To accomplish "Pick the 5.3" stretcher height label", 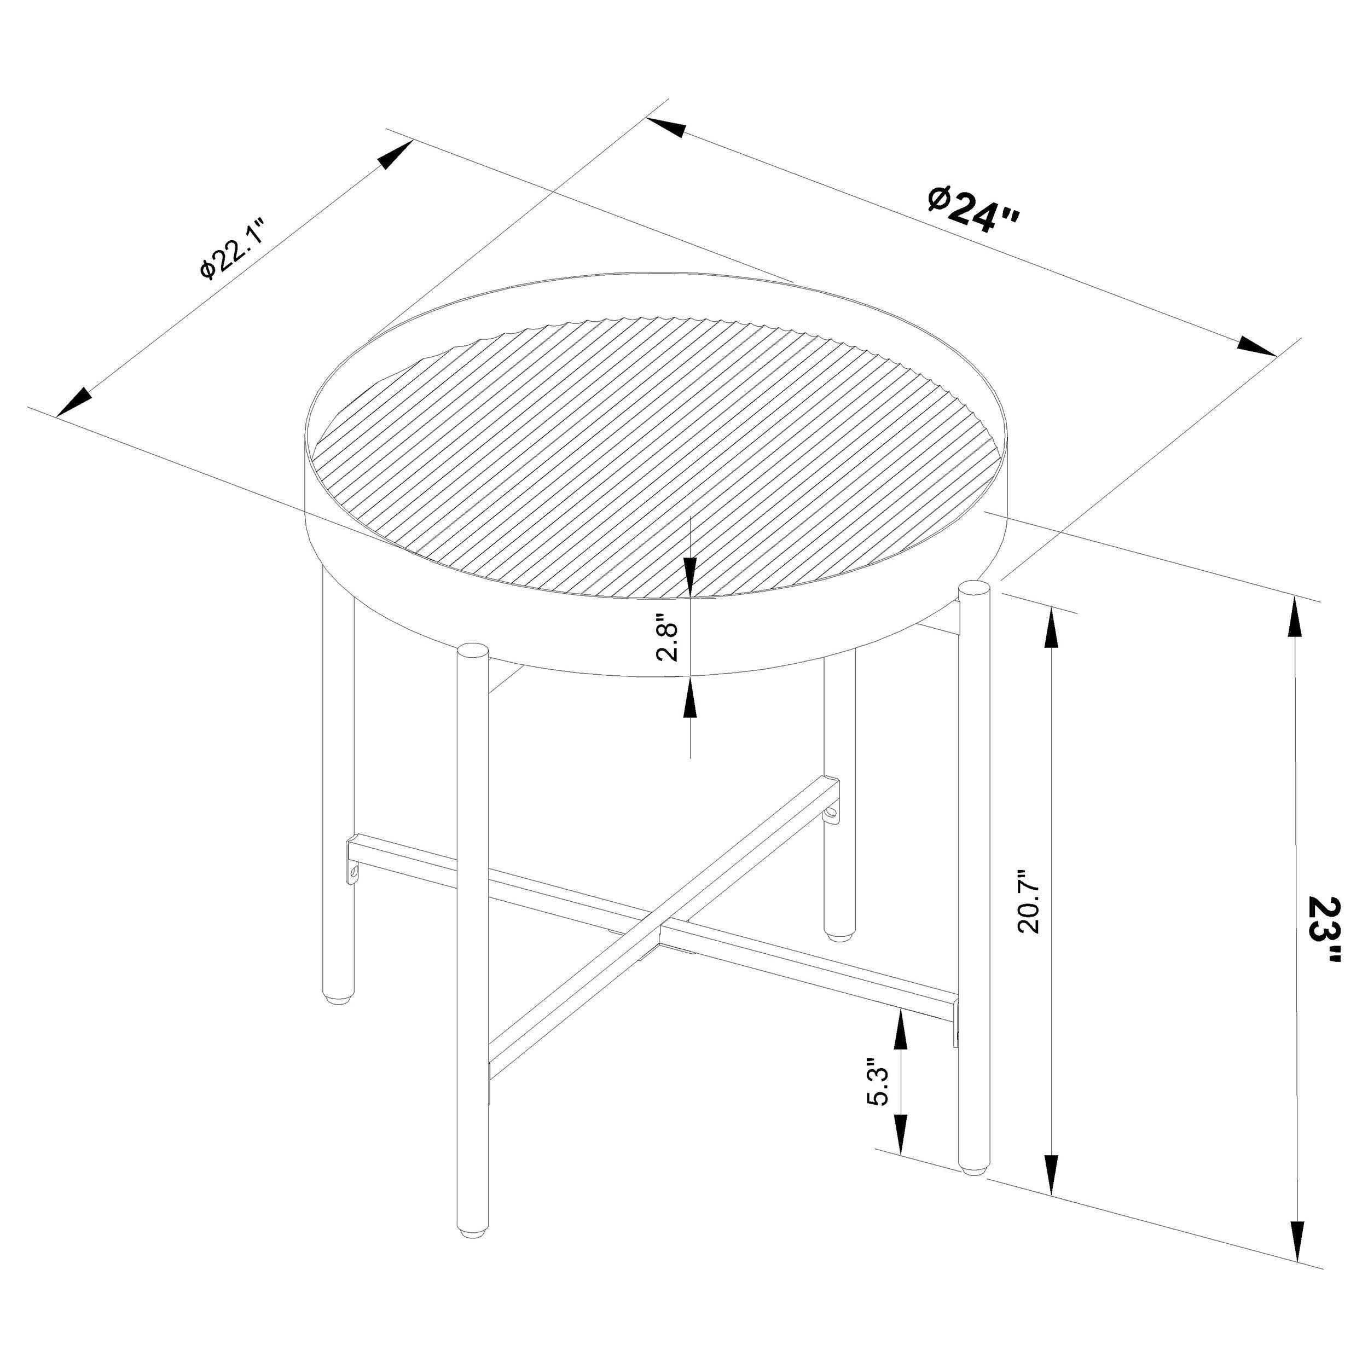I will [x=877, y=1103].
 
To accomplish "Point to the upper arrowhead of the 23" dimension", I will [x=1296, y=622].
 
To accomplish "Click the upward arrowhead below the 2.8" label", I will [x=689, y=701].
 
